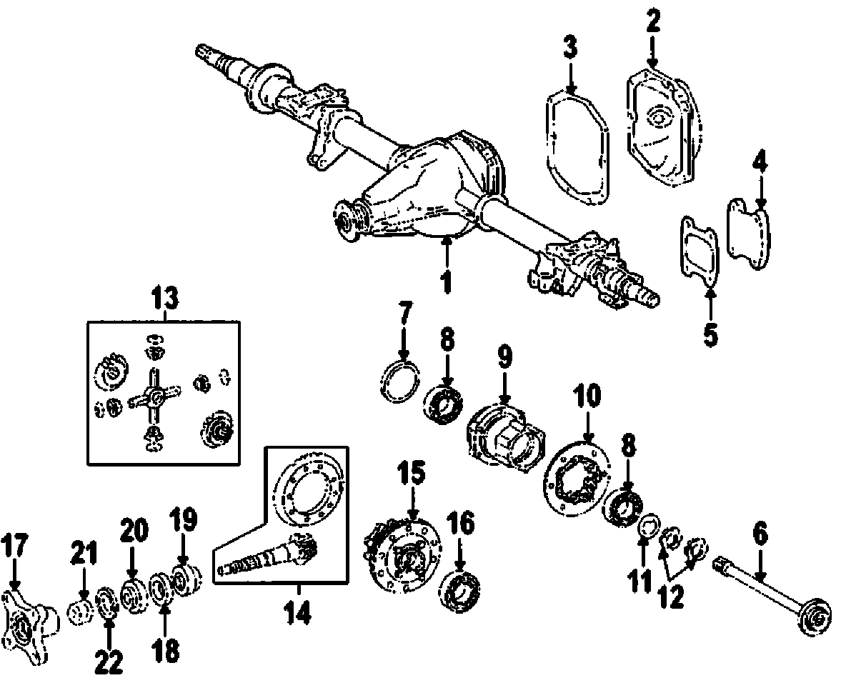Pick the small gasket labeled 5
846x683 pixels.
[700, 249]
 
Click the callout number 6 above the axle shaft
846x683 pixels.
[760, 533]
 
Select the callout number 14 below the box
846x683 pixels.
[297, 612]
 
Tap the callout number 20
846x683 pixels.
[134, 532]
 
